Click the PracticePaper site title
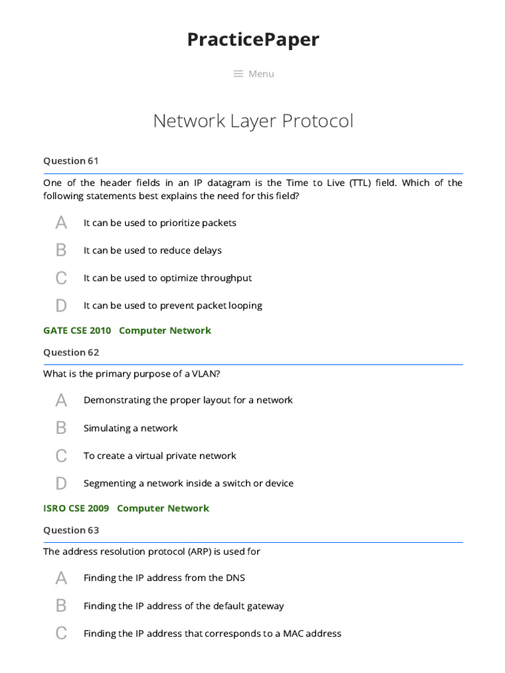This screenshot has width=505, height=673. (x=253, y=39)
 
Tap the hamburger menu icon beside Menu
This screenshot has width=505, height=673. (x=239, y=74)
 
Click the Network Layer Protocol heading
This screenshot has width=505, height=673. (x=253, y=121)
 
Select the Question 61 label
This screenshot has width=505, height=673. (x=71, y=160)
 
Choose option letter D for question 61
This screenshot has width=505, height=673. (x=61, y=306)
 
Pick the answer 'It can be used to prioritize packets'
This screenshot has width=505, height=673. (x=160, y=223)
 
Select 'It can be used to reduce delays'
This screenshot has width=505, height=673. (x=153, y=250)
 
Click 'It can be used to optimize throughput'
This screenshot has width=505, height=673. (x=168, y=278)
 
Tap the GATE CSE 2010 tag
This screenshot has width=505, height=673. (x=77, y=331)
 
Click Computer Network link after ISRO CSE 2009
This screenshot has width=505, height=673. (x=163, y=508)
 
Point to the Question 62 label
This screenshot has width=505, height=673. (x=71, y=352)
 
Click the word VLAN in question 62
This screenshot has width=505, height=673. (x=204, y=374)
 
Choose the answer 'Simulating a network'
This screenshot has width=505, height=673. (x=130, y=428)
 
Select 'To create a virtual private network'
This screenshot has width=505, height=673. (x=160, y=455)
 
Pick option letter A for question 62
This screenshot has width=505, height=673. (x=61, y=400)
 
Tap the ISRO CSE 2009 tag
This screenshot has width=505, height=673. (x=76, y=508)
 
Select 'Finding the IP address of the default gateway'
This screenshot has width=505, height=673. (x=183, y=606)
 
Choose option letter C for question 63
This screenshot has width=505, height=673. (x=61, y=634)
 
